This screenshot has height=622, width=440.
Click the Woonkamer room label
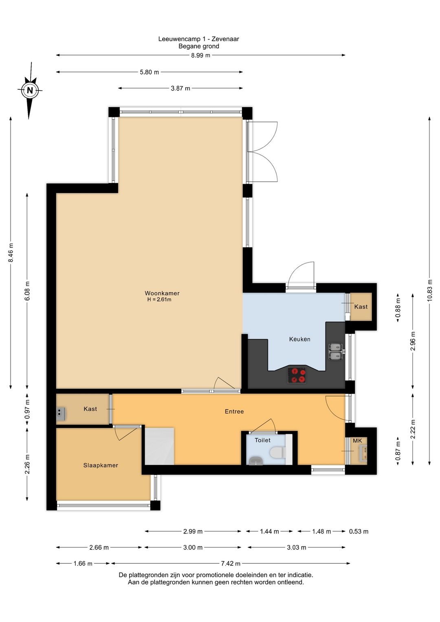(162, 293)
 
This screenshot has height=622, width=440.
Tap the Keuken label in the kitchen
(299, 339)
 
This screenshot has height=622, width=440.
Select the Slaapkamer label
(101, 465)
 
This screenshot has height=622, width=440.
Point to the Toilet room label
(262, 440)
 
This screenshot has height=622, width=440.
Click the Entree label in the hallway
(234, 412)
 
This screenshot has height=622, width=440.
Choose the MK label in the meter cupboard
(357, 441)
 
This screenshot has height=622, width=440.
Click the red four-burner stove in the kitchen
(297, 375)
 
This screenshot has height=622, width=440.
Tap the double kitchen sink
(336, 351)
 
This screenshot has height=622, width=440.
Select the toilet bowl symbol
(277, 452)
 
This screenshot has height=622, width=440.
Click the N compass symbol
(29, 90)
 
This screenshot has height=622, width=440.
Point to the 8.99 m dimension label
(200, 55)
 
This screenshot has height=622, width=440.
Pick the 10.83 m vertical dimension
(429, 290)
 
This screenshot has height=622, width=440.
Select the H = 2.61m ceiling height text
(159, 300)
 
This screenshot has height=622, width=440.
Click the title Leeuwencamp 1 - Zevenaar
(198, 39)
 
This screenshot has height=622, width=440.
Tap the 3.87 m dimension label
(180, 88)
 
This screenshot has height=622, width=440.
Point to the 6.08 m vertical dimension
(27, 291)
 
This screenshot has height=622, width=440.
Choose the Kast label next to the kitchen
(361, 307)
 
